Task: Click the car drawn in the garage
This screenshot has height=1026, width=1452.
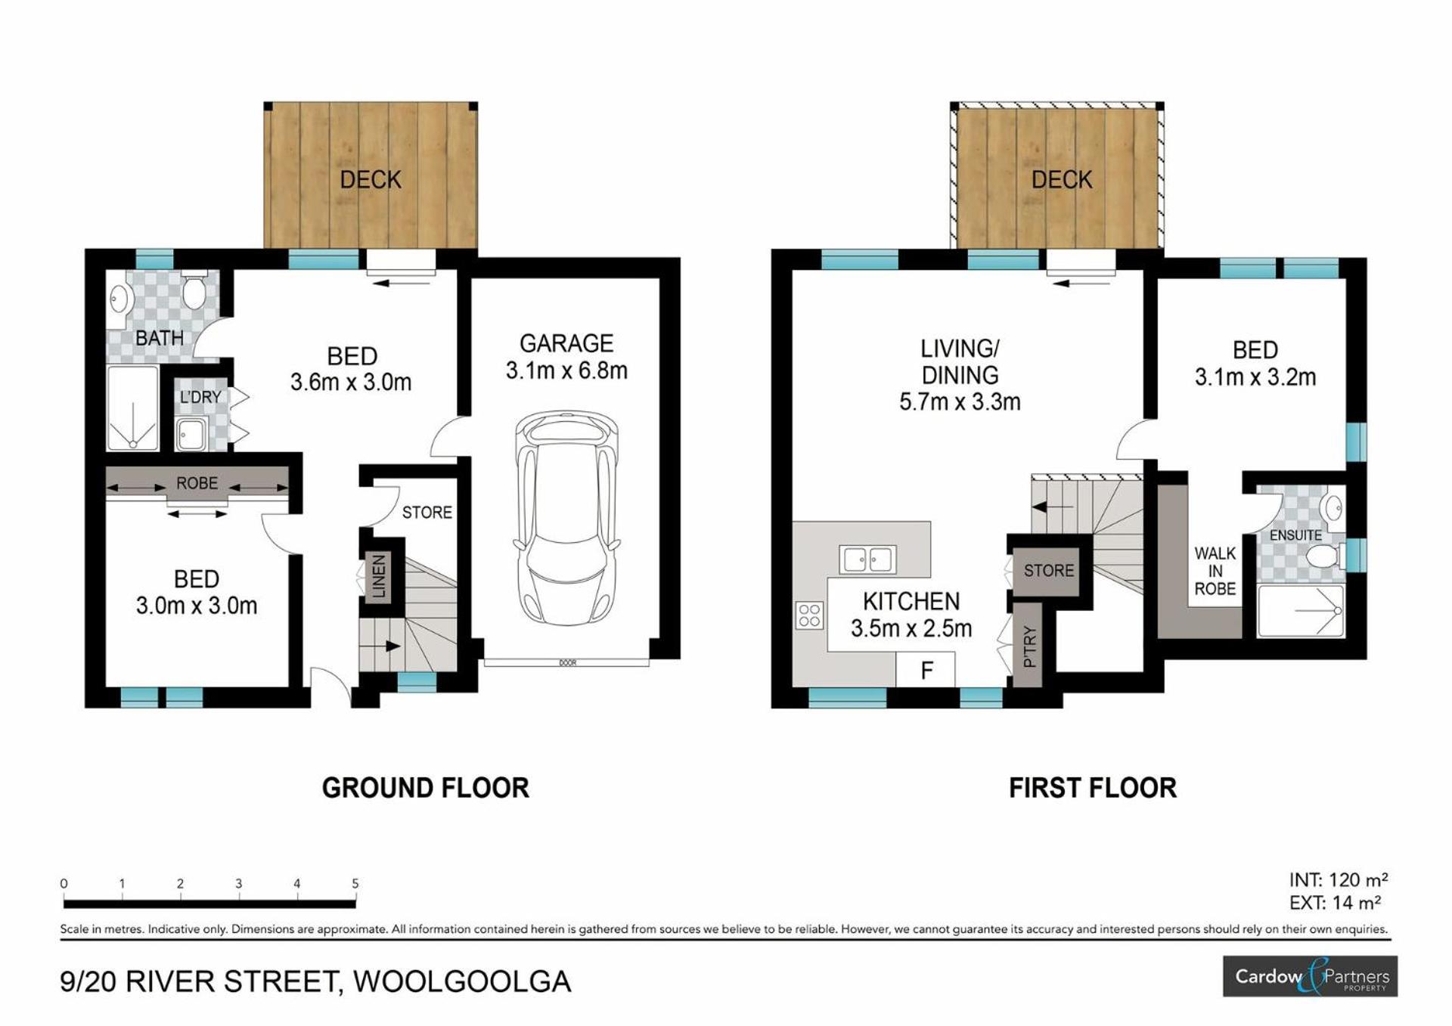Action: (x=566, y=518)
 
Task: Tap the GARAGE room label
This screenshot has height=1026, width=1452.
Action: (x=566, y=344)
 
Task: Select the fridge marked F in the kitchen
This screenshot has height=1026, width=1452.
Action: (x=926, y=670)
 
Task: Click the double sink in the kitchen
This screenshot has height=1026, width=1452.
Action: (x=867, y=559)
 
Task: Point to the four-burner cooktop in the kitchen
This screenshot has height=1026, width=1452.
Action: (x=809, y=615)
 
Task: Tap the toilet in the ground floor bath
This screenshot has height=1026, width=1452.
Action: (x=194, y=291)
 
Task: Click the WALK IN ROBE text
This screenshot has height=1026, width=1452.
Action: (x=1215, y=571)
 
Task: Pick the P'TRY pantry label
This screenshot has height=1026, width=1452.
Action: (x=1029, y=646)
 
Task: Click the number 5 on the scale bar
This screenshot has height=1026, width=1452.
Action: (x=355, y=883)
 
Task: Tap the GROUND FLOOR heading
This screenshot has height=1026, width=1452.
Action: (x=426, y=788)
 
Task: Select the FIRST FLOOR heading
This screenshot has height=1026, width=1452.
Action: (x=1093, y=788)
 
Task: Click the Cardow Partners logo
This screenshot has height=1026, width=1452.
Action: (x=1311, y=976)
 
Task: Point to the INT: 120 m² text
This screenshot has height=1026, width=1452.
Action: (x=1339, y=880)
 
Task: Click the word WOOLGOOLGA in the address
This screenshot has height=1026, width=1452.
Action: (x=462, y=981)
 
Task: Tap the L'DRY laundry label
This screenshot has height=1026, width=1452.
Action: (x=200, y=397)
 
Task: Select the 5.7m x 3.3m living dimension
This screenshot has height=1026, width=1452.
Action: (x=960, y=401)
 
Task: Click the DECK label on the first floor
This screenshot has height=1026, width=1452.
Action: (x=1062, y=180)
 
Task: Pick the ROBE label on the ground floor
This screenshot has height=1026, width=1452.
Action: (x=197, y=483)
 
